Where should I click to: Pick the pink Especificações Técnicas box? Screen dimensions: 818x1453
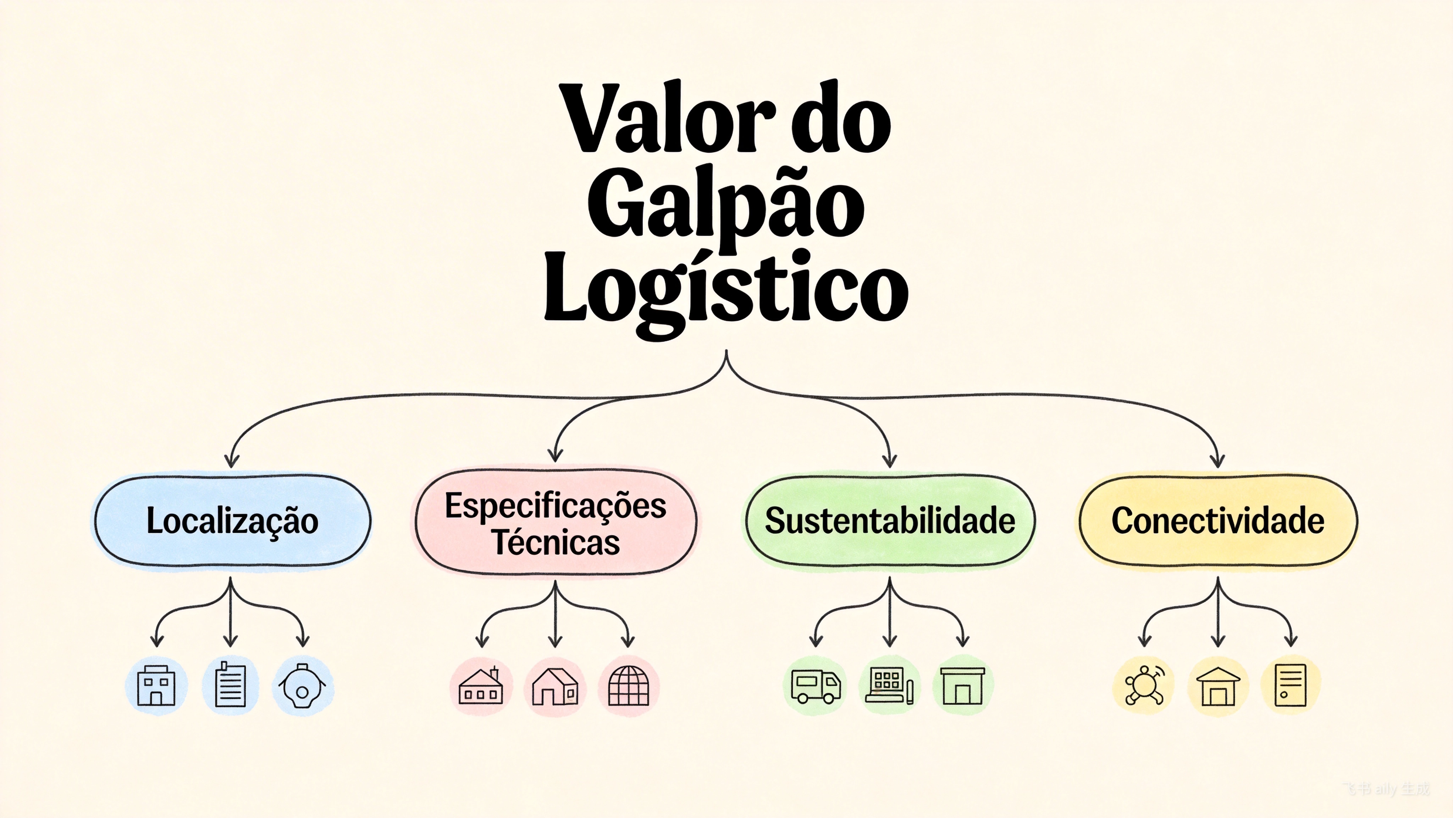click(x=556, y=523)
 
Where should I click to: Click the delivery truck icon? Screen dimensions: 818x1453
click(x=815, y=686)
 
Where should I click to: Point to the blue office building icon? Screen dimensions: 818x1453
click(x=156, y=686)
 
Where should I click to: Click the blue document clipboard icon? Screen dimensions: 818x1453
click(x=230, y=685)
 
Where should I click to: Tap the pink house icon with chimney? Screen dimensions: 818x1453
click(x=481, y=686)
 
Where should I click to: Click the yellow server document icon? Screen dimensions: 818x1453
click(x=1291, y=685)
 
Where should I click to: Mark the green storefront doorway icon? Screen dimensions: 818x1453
click(x=962, y=686)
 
